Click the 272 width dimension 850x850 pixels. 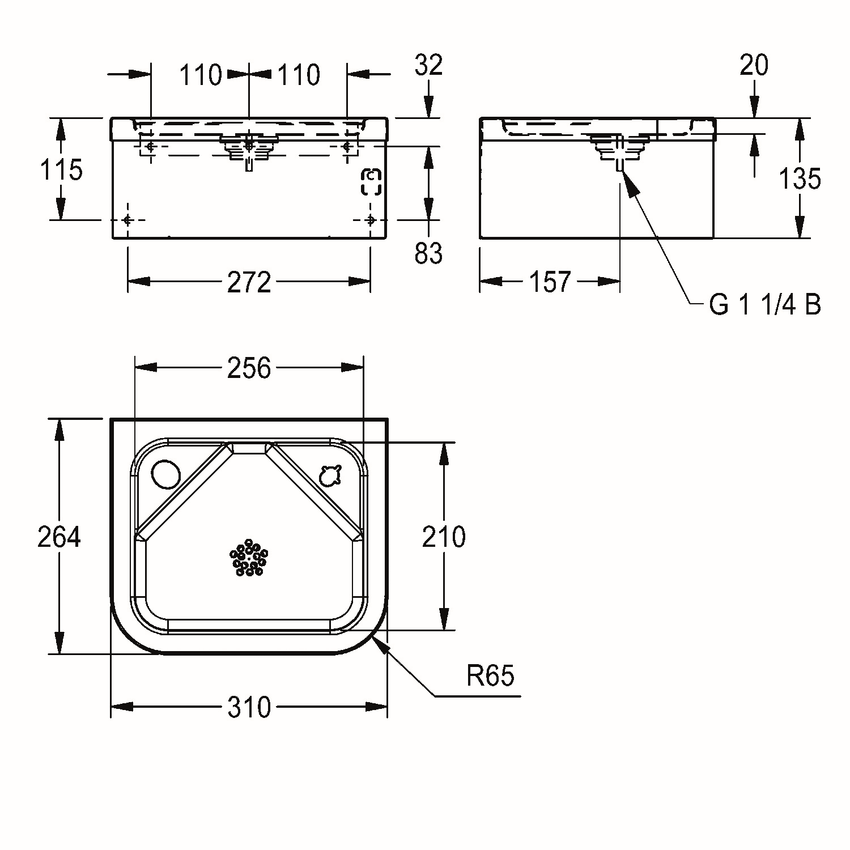249,282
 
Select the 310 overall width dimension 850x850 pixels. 249,707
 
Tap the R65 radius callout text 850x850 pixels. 491,675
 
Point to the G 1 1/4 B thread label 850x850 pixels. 765,305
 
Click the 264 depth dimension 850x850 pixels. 59,537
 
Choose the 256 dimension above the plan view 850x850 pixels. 249,368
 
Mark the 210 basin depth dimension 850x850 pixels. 444,537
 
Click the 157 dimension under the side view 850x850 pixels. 550,282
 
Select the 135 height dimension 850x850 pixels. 800,179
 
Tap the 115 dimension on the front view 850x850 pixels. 61,169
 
